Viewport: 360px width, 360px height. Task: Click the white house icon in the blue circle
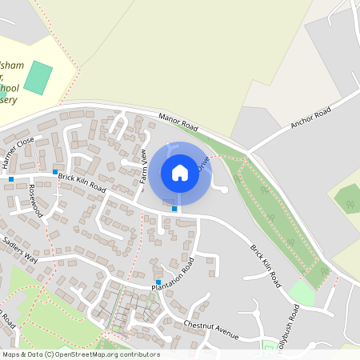point(180,172)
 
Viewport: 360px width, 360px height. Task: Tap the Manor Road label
point(178,122)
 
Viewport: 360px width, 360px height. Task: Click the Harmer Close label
point(18,152)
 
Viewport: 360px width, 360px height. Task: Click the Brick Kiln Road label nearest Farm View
point(82,180)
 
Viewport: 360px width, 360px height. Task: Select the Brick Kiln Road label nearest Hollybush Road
point(265,266)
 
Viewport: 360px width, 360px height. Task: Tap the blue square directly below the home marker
point(174,209)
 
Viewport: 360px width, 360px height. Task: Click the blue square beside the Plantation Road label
point(159,282)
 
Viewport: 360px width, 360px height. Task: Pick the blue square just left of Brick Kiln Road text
point(54,171)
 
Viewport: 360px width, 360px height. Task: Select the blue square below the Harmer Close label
point(11,179)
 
